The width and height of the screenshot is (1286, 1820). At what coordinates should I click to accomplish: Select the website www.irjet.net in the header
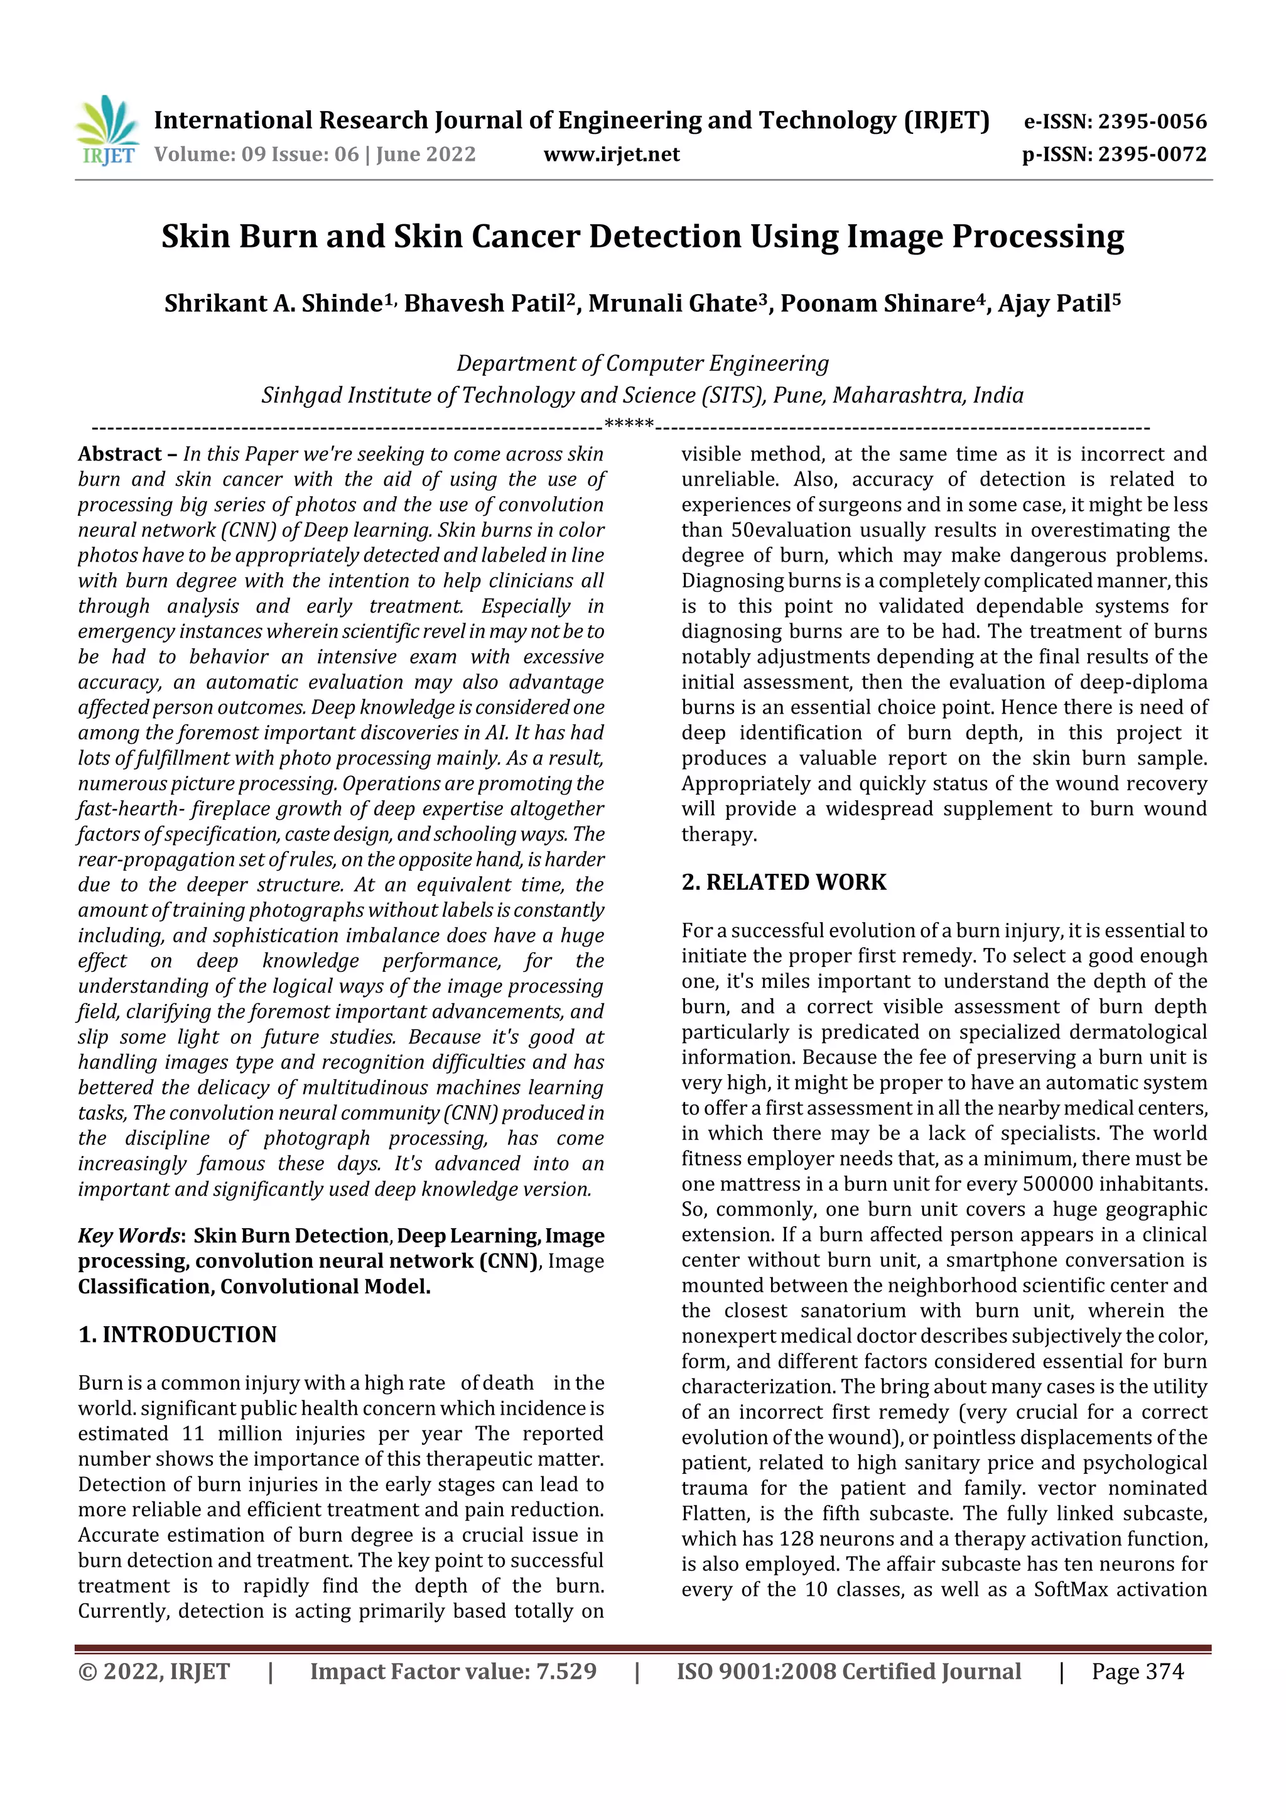point(611,155)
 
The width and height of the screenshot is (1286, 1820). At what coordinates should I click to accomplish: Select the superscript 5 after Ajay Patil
point(1116,298)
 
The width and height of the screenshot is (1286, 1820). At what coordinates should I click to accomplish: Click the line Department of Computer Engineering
point(642,364)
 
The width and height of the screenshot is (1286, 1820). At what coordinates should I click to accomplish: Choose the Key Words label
point(130,1236)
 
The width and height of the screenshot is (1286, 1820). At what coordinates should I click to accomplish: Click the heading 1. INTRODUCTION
point(178,1335)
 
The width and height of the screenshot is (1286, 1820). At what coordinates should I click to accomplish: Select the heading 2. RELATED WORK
point(784,882)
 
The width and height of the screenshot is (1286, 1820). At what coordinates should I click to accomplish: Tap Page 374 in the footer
point(1137,1672)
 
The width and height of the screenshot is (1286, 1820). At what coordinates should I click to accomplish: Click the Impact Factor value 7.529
point(566,1672)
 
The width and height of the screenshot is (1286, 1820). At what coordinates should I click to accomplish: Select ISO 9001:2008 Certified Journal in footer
point(848,1672)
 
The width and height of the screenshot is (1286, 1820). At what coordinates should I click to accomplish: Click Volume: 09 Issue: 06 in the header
point(257,155)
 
